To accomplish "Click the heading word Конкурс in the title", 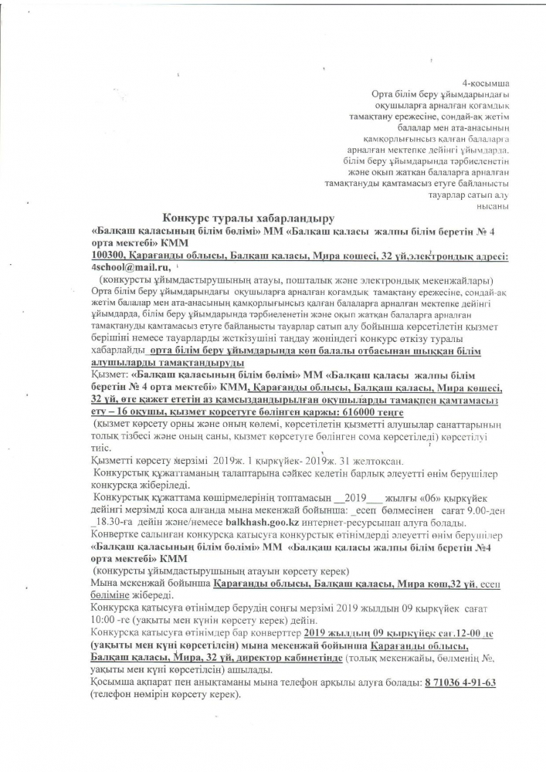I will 187,218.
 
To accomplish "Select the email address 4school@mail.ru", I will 123,266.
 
